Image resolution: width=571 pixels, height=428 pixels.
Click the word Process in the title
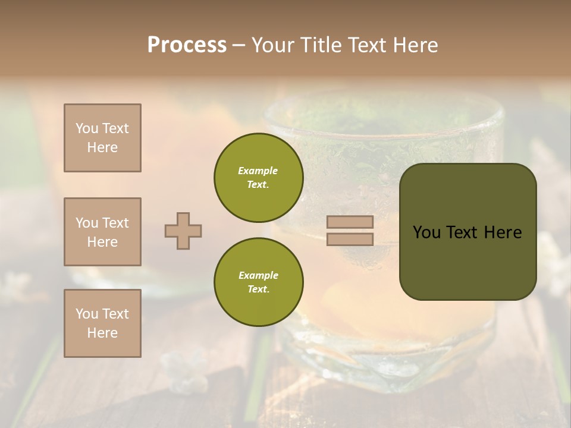click(187, 45)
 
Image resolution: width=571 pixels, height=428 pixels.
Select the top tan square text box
click(102, 138)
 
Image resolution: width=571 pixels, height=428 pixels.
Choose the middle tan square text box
click(102, 232)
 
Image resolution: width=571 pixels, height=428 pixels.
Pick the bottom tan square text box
click(102, 323)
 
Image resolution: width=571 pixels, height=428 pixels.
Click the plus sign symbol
click(183, 231)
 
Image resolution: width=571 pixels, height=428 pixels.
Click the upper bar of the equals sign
click(350, 222)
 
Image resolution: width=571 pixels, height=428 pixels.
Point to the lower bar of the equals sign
click(350, 239)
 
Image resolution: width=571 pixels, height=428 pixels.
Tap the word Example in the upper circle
click(258, 171)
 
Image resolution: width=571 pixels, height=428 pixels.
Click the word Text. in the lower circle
click(259, 289)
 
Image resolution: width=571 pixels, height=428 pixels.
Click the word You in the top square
click(86, 128)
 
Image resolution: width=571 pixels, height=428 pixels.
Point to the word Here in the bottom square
click(102, 333)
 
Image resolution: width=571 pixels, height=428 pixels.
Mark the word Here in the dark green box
click(503, 232)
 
